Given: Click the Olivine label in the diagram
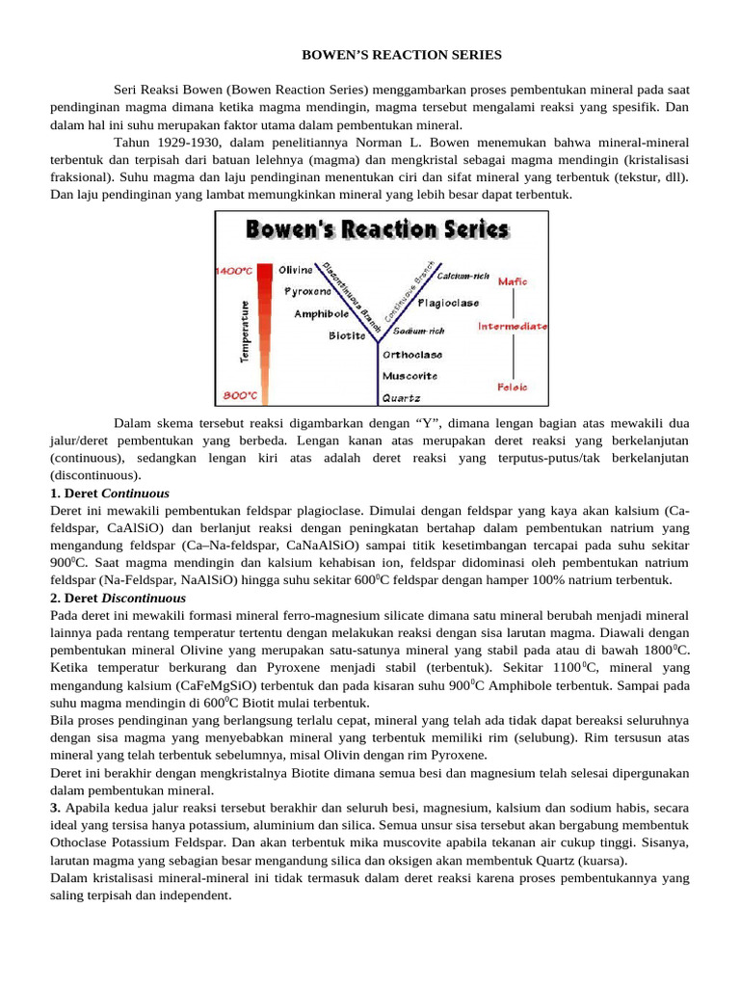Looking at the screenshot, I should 296,270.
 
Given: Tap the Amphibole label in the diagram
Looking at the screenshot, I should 322,313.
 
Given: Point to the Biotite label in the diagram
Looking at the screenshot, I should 347,335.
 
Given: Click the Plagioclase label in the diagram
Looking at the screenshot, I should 448,303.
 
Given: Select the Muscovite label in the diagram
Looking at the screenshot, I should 410,375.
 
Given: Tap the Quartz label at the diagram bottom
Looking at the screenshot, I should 401,396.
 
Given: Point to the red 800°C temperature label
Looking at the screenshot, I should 238,395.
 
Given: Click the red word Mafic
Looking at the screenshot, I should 513,281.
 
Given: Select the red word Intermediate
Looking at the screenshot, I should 513,326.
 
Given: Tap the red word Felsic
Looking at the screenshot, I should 513,387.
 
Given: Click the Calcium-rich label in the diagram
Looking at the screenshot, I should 461,276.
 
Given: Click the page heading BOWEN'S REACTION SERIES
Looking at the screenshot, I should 402,55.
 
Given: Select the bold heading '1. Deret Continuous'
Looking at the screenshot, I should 110,493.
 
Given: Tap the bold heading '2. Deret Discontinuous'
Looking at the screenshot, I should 119,598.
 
